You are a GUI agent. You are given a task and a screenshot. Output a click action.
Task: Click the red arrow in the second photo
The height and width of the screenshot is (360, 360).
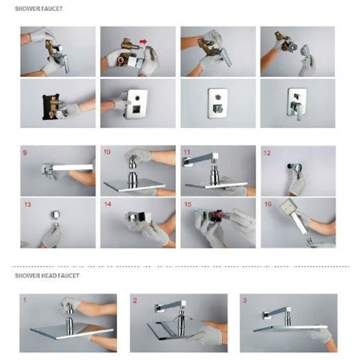tap(143, 41)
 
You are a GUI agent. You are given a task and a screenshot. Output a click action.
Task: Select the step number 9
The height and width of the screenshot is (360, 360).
tap(25, 152)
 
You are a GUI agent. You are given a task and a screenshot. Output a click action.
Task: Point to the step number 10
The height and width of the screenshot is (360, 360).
tap(107, 152)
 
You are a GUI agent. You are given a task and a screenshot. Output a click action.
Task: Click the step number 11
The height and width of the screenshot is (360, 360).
tap(187, 152)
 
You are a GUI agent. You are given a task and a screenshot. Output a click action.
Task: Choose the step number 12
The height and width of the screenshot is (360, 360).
tap(267, 153)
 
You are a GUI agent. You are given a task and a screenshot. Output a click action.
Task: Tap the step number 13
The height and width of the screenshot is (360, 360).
tap(28, 205)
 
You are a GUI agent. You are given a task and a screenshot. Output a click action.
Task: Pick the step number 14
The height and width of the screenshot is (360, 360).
tap(107, 204)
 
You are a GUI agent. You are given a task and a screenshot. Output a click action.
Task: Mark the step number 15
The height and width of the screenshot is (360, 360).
tap(188, 204)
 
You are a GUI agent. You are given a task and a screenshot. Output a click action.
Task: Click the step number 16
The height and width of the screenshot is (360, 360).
tap(268, 204)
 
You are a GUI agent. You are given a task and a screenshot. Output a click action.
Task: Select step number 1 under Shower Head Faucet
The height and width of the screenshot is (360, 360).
tap(25, 300)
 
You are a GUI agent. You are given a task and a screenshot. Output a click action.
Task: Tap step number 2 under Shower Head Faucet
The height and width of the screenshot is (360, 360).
tap(135, 301)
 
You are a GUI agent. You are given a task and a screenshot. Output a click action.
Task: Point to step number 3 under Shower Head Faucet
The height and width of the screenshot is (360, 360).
tap(245, 301)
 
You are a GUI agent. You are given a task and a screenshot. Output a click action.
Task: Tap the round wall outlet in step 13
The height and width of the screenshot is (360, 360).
tap(56, 215)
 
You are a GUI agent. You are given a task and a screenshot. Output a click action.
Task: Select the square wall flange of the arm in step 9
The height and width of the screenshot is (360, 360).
tap(47, 170)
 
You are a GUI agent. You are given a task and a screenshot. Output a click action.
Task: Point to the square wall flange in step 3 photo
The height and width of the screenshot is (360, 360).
tap(267, 315)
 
